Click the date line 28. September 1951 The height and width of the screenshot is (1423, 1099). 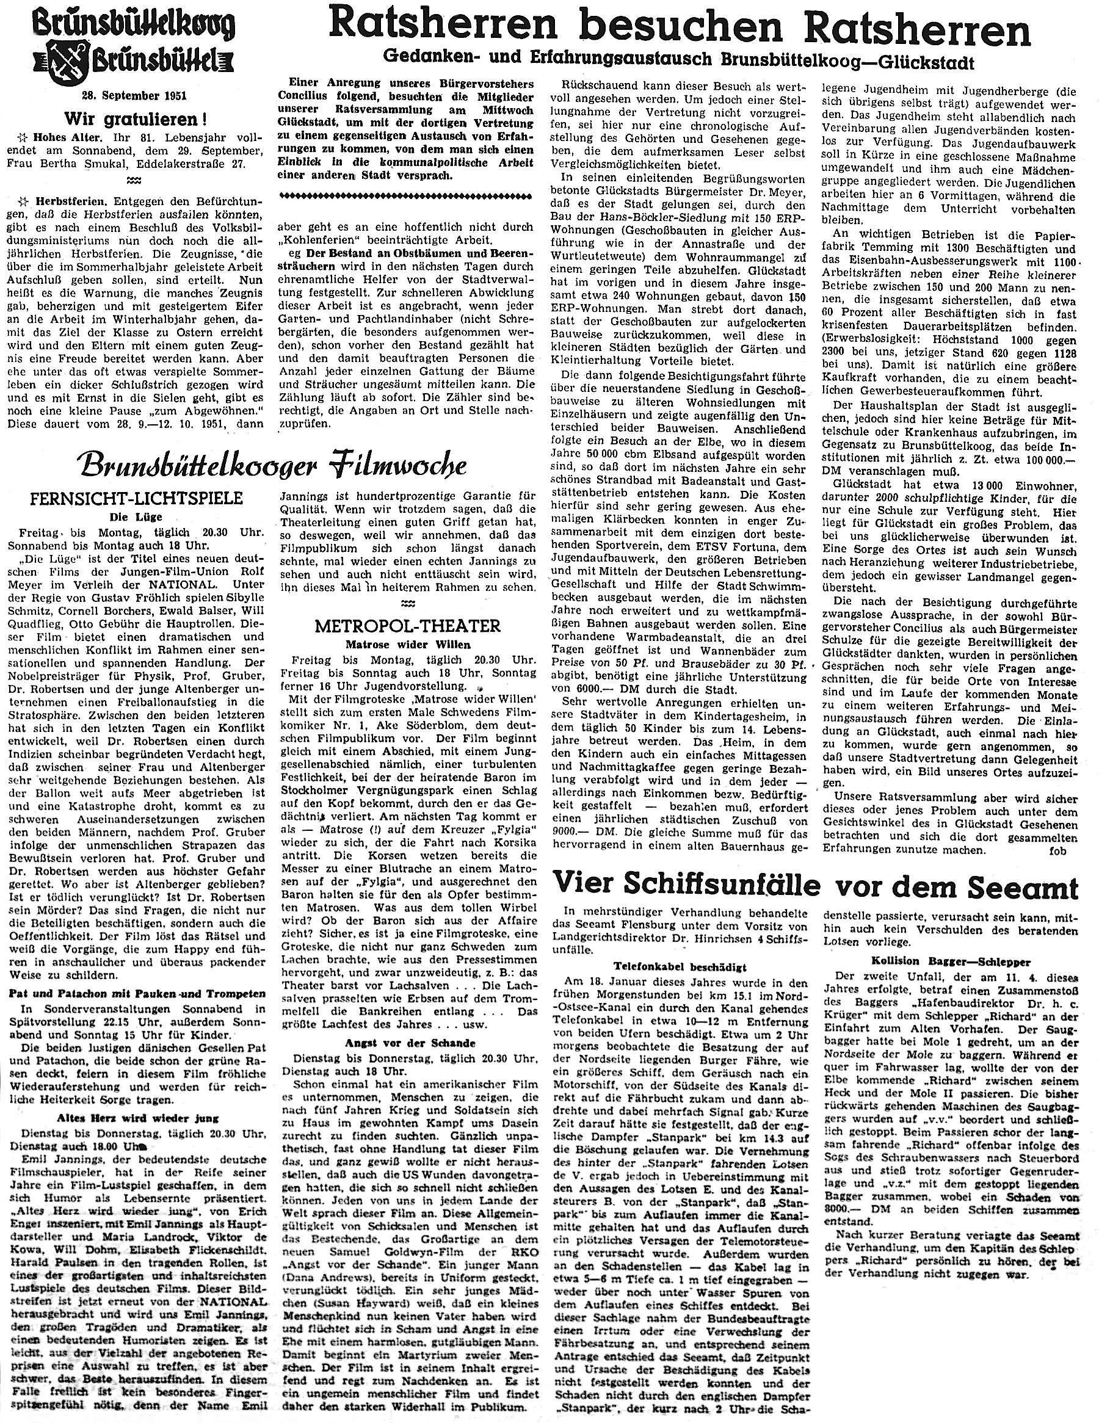(135, 96)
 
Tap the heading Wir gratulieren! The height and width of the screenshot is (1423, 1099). (135, 119)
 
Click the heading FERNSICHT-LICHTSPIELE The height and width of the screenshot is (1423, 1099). (135, 498)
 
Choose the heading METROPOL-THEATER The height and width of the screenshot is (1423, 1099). (407, 626)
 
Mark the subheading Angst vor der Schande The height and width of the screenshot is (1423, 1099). (407, 1042)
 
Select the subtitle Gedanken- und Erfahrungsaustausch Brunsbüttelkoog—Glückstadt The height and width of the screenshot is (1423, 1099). (678, 61)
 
